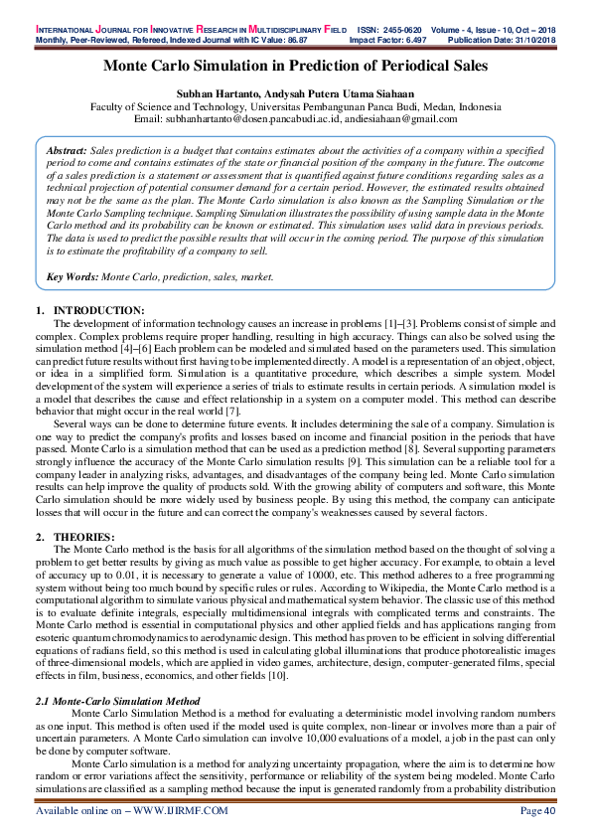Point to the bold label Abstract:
(x=69, y=148)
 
